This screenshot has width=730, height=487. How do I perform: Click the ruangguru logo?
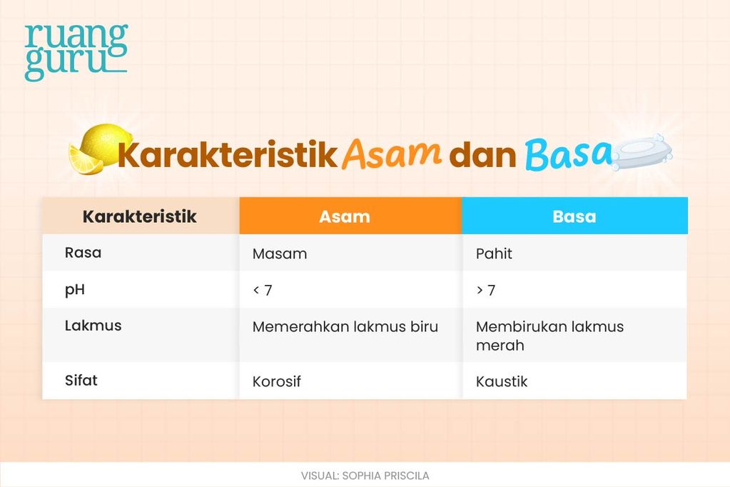(x=76, y=52)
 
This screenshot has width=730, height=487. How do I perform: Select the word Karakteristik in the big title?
(x=227, y=155)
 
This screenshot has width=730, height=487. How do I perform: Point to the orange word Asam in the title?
(x=391, y=154)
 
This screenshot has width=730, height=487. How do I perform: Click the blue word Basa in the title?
(x=569, y=154)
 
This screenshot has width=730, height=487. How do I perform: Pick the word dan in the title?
(x=482, y=155)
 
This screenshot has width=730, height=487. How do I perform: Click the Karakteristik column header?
(x=140, y=216)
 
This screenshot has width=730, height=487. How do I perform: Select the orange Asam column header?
(x=345, y=216)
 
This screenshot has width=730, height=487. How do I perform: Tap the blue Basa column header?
(x=574, y=216)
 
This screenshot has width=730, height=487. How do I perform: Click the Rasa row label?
(x=83, y=253)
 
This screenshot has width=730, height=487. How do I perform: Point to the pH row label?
(x=74, y=290)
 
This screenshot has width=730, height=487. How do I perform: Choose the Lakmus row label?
(x=93, y=326)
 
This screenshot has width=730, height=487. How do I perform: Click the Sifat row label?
(x=81, y=381)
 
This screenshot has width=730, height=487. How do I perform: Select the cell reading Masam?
(x=279, y=254)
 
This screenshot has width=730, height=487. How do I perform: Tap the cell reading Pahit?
(x=494, y=253)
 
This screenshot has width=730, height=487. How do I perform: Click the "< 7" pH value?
(x=263, y=291)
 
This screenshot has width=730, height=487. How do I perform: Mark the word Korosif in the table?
(x=277, y=382)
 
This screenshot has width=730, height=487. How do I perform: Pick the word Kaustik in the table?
(x=502, y=382)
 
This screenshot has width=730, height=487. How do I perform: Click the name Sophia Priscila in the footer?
(x=385, y=476)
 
